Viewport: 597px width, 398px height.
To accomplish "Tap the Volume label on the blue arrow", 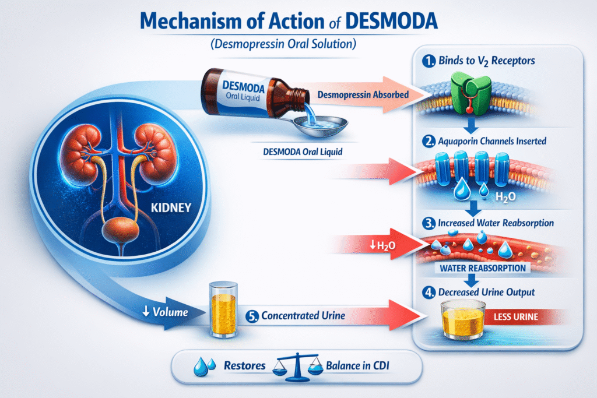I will tap(166, 312).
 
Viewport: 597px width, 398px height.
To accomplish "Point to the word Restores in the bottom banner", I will tap(245, 366).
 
